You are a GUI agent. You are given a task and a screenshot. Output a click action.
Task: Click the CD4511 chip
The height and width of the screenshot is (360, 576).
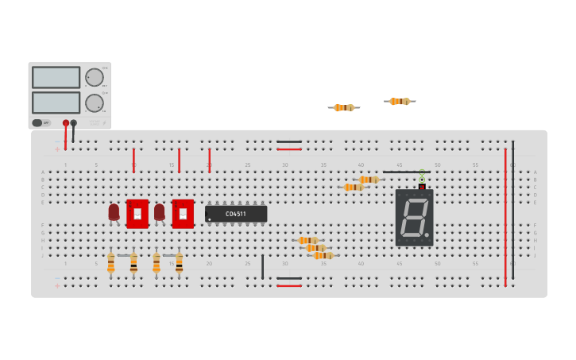(x=236, y=214)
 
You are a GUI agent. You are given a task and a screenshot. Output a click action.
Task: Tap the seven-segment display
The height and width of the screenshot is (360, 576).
(x=414, y=217)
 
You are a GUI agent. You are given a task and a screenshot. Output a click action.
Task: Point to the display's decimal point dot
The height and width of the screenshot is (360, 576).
(x=427, y=234)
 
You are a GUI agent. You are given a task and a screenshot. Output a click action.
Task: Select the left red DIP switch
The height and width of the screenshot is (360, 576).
(x=137, y=214)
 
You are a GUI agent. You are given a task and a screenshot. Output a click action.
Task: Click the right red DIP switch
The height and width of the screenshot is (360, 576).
(x=183, y=214)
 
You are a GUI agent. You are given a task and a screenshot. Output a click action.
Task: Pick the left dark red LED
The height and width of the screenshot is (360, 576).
(x=114, y=212)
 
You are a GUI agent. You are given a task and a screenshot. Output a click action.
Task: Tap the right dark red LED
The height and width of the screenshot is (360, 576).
(x=159, y=212)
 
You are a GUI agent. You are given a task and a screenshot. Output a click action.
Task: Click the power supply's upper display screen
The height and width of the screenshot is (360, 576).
(x=56, y=77)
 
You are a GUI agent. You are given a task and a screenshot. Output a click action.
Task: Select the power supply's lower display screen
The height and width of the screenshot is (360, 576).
(x=56, y=103)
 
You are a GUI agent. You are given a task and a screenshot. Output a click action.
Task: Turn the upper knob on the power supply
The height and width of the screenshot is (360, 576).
(x=94, y=77)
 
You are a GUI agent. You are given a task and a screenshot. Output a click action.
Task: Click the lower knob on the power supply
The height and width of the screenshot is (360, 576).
(x=94, y=103)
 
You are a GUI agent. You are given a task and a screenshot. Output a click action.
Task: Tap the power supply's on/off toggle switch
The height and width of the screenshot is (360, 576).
(x=37, y=123)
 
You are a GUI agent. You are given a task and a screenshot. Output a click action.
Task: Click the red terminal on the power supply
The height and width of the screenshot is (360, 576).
(x=66, y=123)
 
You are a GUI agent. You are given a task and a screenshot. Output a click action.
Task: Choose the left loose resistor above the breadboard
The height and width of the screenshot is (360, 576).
(x=344, y=107)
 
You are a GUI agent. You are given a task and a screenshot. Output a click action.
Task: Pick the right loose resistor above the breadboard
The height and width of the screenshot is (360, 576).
(x=400, y=101)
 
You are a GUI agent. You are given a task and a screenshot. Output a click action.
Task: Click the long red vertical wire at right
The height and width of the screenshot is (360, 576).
(x=504, y=215)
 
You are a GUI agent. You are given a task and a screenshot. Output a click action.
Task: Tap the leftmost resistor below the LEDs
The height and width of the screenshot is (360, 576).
(x=110, y=263)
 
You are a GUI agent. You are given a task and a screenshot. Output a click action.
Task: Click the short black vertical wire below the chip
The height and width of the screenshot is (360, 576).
(x=262, y=266)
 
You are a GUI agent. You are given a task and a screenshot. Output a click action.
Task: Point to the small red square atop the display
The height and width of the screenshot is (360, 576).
(x=422, y=187)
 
